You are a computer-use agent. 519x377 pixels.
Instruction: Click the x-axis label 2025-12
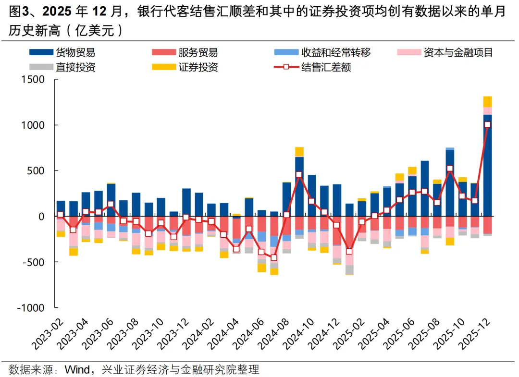pos(481,336)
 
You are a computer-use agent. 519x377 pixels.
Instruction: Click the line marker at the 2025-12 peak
pos(487,125)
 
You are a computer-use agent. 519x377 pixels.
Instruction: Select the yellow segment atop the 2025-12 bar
pos(487,101)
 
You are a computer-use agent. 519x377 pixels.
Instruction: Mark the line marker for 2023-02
pos(60,215)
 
